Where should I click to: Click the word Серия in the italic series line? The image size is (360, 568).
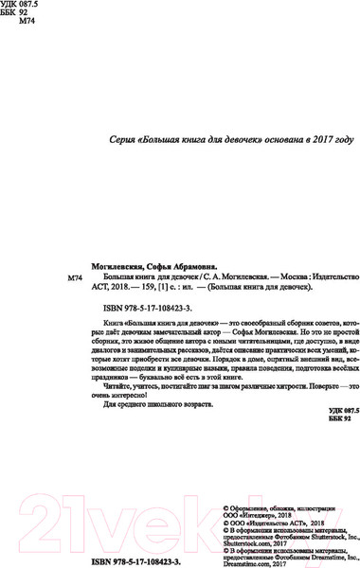126,139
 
